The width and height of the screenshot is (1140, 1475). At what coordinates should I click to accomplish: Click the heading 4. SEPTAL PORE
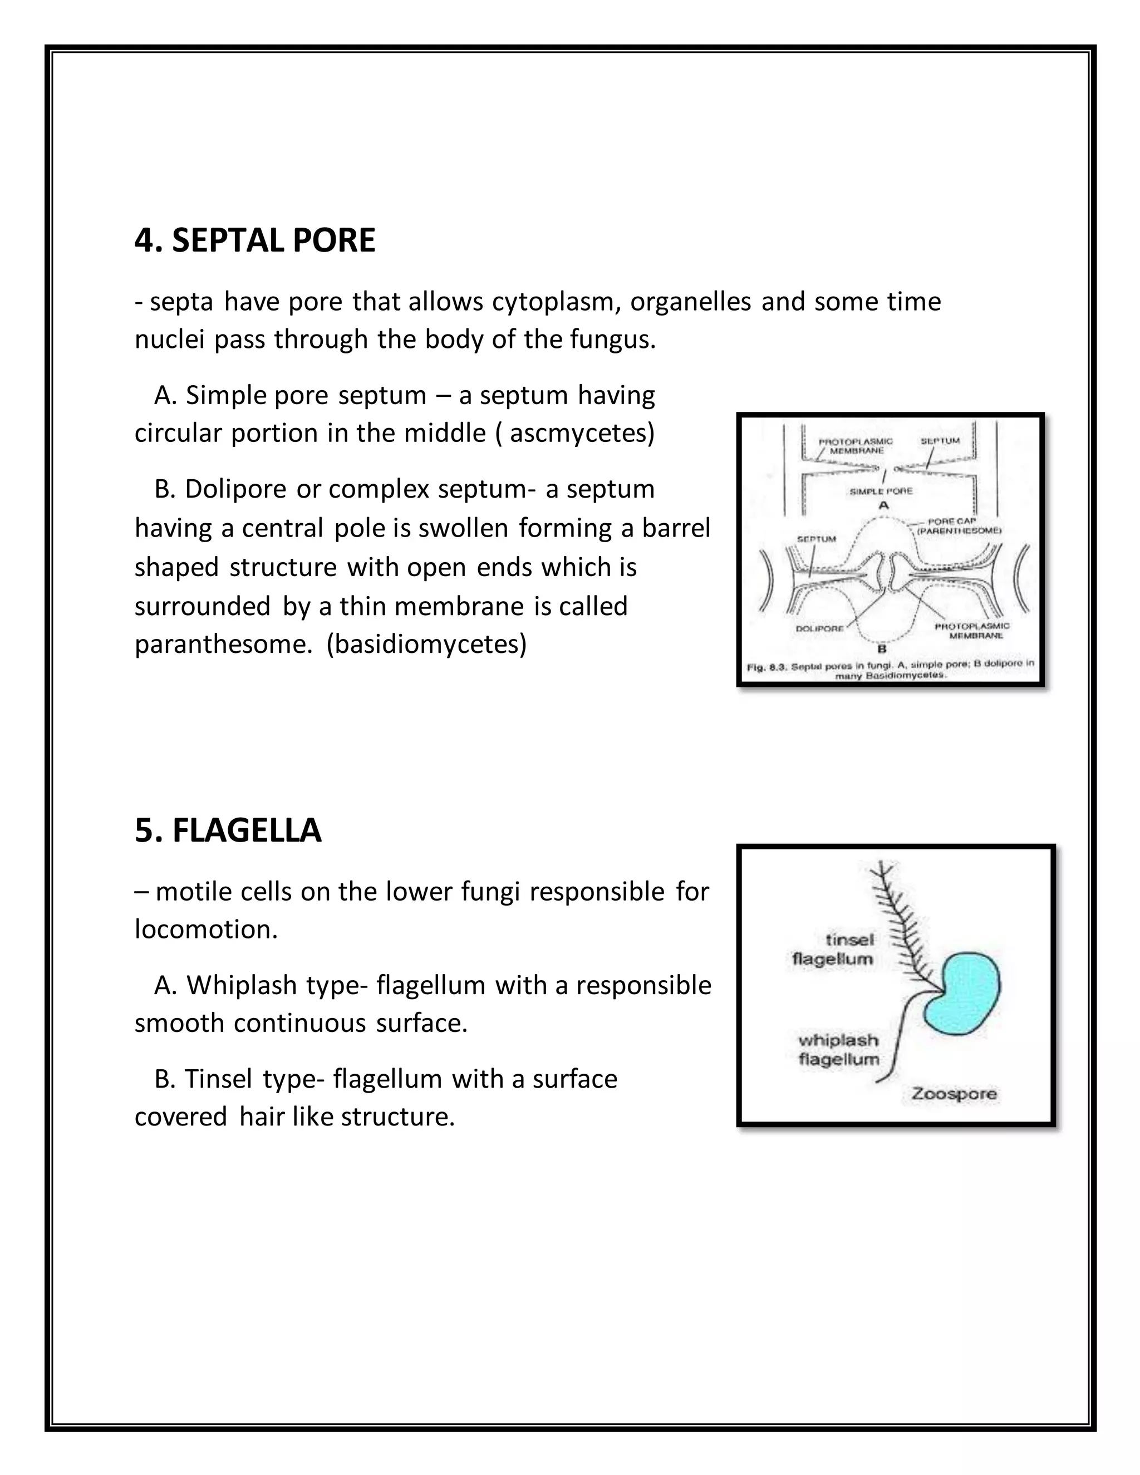(x=254, y=241)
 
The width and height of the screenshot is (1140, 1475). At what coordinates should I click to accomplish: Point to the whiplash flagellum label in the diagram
(x=839, y=1050)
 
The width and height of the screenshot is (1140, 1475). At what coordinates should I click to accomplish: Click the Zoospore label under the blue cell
(x=954, y=1093)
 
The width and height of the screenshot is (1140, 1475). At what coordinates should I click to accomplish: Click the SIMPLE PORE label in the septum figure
(x=881, y=491)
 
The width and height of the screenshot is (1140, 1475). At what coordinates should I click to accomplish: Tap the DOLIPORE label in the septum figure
(x=819, y=628)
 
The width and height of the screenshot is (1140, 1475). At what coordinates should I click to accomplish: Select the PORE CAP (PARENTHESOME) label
(x=959, y=526)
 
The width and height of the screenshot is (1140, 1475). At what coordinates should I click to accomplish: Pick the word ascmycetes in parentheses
(x=578, y=434)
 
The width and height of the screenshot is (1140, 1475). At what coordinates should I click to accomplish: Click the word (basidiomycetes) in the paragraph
(x=426, y=645)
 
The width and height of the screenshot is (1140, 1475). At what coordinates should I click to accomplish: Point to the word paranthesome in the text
(x=224, y=645)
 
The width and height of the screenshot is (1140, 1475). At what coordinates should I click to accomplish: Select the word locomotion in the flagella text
(x=206, y=930)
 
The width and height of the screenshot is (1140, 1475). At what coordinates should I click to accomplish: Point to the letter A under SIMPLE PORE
(x=883, y=505)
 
